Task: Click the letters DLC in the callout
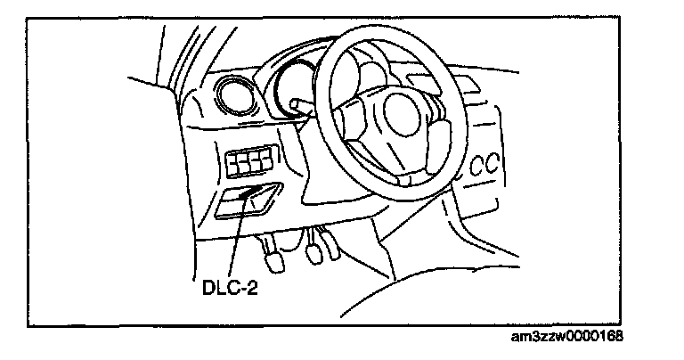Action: pos(213,290)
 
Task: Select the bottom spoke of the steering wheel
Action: pos(406,169)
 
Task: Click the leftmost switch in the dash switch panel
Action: pos(234,165)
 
